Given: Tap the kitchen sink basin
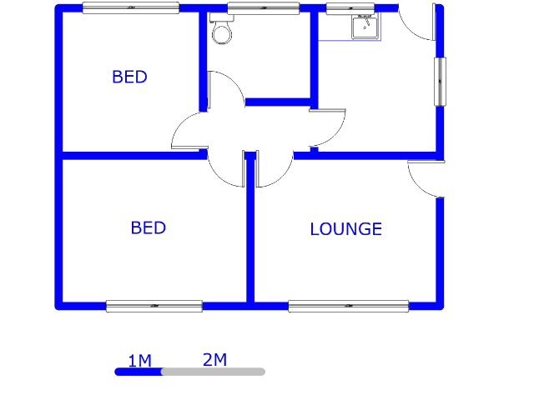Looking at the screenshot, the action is (x=365, y=27).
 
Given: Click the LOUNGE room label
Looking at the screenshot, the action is (x=345, y=229).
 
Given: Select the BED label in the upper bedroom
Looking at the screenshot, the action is (x=129, y=77).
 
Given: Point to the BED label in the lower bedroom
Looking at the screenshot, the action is (x=149, y=227).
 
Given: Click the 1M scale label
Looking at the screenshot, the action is (x=139, y=361).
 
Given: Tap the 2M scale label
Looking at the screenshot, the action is (x=214, y=360).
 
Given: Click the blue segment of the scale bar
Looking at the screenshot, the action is (x=139, y=372).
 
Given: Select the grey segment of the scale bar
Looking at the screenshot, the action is (x=214, y=372).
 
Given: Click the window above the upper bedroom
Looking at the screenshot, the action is (x=131, y=7).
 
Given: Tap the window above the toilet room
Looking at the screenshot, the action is (x=264, y=8).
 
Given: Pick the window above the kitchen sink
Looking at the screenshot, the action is (x=350, y=8).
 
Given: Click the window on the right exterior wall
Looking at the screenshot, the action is (x=440, y=82).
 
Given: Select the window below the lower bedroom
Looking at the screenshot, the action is (x=154, y=306).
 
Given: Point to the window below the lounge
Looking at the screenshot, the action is (x=349, y=306).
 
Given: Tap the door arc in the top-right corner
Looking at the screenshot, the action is (x=409, y=31).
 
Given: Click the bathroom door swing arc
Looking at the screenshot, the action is (x=234, y=81).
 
